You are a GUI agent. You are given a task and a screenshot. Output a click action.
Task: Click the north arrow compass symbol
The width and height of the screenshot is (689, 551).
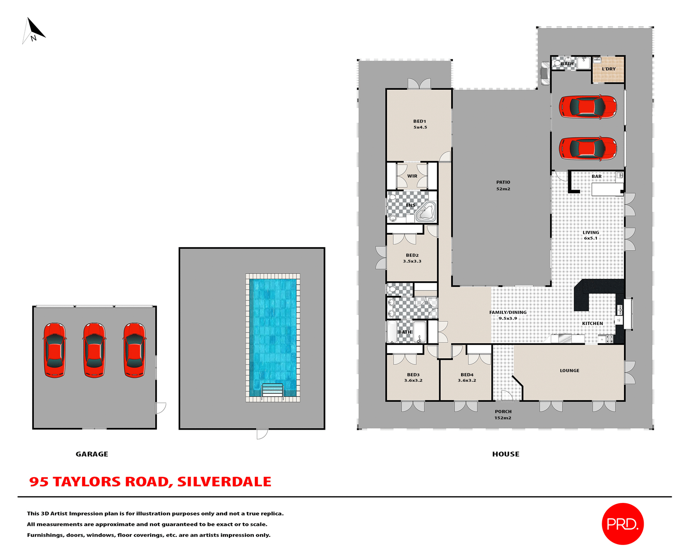click(34, 31)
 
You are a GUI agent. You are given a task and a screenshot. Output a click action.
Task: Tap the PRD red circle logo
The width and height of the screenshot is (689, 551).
click(623, 524)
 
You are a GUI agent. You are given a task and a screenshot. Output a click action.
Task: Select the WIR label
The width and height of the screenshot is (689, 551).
click(412, 176)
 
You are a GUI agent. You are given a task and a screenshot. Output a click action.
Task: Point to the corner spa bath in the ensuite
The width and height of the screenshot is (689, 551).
click(426, 212)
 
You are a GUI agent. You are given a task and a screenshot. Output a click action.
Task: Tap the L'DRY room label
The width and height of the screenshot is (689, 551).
click(609, 69)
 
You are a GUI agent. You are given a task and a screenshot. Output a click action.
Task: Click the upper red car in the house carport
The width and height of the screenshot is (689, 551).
click(587, 107)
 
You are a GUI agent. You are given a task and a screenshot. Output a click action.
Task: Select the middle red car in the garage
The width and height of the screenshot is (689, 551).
click(94, 350)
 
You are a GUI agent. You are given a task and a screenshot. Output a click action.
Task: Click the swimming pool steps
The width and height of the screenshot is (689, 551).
click(273, 390)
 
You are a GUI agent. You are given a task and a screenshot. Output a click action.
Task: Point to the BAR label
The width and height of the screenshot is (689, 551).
click(596, 176)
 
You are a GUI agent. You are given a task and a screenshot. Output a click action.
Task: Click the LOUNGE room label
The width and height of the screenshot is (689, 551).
click(570, 371)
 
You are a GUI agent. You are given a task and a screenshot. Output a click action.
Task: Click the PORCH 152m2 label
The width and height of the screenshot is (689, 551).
click(503, 415)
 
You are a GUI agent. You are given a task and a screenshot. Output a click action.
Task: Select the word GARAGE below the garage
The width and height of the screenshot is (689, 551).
click(92, 454)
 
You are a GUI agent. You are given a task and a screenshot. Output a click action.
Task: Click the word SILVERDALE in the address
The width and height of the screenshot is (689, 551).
click(224, 482)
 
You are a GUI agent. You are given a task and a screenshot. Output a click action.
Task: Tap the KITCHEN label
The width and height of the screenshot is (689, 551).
click(592, 324)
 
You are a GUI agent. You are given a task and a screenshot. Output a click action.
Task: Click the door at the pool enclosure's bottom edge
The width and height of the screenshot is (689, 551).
click(262, 434)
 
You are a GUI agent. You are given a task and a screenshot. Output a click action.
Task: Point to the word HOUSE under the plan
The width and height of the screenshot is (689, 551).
click(506, 454)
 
